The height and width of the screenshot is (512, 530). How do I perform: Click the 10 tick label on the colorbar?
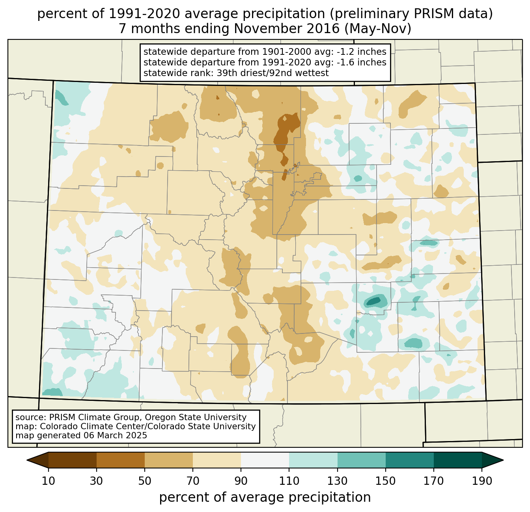click(x=49, y=481)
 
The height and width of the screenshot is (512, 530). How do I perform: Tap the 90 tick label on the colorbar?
click(x=241, y=481)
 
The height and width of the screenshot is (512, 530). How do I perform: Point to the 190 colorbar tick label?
click(x=482, y=481)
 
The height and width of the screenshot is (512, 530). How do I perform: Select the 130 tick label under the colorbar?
click(x=338, y=481)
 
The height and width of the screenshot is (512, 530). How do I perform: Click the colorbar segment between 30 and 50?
click(x=121, y=460)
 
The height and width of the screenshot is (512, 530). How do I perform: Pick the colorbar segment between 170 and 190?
click(x=458, y=460)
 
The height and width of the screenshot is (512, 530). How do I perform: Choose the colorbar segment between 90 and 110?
click(x=265, y=460)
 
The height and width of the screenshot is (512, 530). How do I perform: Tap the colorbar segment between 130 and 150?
click(x=362, y=460)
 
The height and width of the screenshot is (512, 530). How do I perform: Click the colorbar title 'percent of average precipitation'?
click(x=265, y=497)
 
